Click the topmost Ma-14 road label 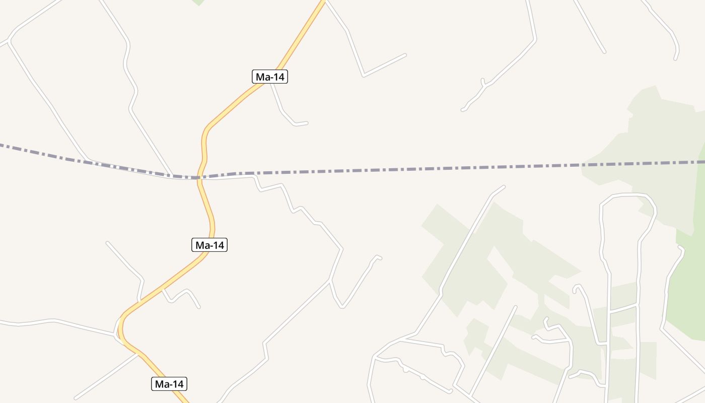269,77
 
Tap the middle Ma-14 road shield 209,245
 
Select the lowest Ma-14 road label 169,384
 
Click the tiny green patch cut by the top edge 198,2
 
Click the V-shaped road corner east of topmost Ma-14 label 363,76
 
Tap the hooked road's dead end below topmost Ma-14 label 307,122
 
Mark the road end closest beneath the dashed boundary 504,187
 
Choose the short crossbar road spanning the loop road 623,309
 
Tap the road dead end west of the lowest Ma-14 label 76,398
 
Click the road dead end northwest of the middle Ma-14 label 107,243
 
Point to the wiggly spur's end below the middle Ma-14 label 199,307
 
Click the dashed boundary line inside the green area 645,164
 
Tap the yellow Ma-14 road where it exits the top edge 322,2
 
